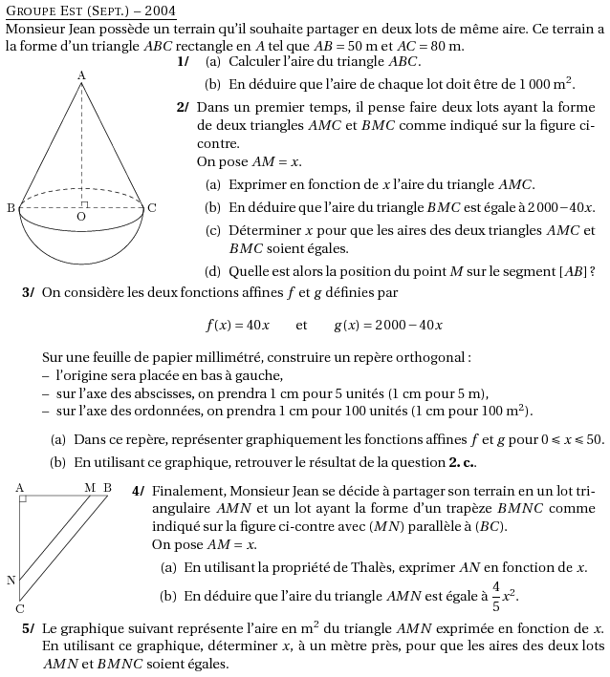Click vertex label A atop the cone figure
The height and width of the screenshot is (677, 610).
click(x=81, y=74)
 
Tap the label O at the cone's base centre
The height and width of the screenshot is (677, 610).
click(x=81, y=218)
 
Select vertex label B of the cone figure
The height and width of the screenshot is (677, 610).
click(x=10, y=207)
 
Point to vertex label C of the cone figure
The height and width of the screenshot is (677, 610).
click(x=152, y=207)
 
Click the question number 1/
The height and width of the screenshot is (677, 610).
click(x=183, y=61)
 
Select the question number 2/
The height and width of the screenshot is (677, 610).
click(x=183, y=107)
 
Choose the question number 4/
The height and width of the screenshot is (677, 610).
click(x=138, y=491)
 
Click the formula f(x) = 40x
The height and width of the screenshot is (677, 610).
click(x=238, y=325)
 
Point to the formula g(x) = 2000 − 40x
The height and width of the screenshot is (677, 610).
click(x=387, y=325)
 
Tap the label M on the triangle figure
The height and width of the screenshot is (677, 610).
click(x=90, y=488)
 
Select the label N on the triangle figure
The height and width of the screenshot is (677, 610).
click(x=11, y=580)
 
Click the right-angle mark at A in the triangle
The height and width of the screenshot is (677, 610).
click(x=23, y=498)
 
